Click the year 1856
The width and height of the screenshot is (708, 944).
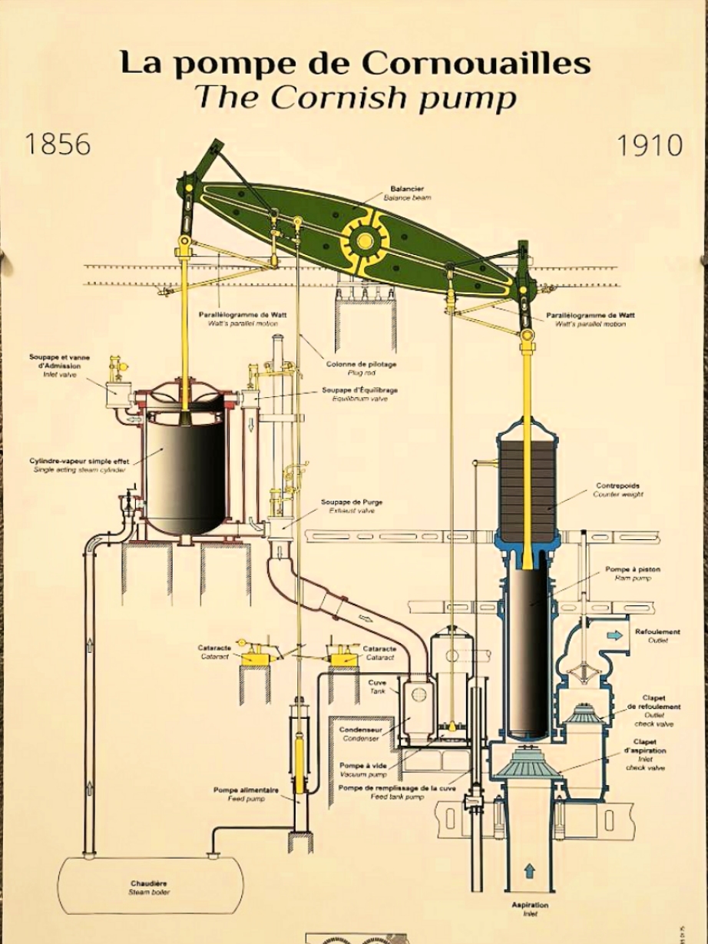[58, 144]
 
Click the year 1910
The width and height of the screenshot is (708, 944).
[650, 145]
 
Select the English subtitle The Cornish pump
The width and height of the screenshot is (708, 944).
[354, 98]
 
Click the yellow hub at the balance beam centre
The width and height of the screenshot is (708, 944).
[364, 240]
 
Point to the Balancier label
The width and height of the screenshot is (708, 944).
[407, 189]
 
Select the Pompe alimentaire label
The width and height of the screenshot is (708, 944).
[246, 790]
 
